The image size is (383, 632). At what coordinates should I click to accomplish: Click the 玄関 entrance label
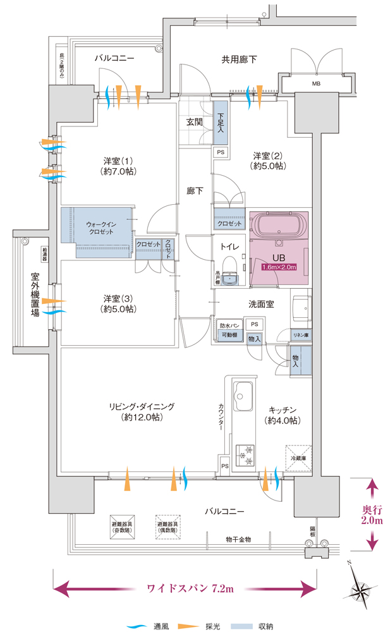[x=194, y=122]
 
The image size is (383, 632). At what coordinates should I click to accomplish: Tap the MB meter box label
[x=315, y=83]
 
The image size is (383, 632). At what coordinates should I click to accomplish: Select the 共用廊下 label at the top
[x=238, y=60]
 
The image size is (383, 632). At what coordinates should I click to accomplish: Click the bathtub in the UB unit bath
[x=277, y=226]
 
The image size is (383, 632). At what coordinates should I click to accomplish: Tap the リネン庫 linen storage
[x=300, y=334]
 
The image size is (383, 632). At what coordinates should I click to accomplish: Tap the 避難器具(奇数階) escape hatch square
[x=127, y=525]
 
